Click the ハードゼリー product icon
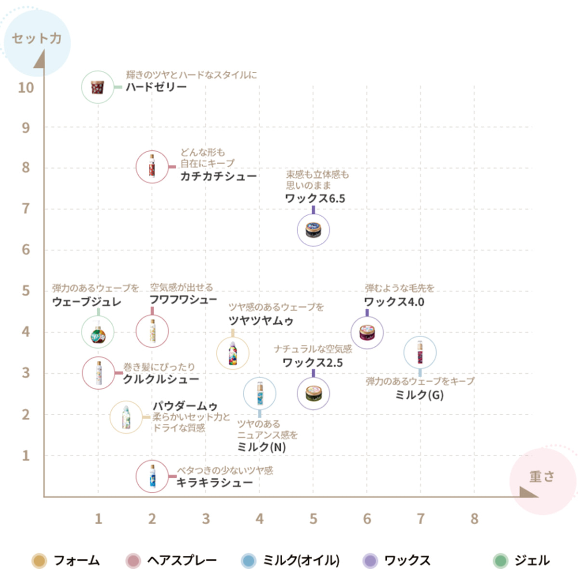pos(98,87)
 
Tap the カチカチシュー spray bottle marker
pos(152,167)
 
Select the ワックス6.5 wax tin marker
pos(314,230)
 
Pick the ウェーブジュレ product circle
pos(98,332)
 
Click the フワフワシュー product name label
pos(183,300)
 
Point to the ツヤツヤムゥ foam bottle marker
pos(233,354)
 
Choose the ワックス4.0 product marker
pos(367,333)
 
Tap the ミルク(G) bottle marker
pos(420,353)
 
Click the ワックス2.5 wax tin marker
pos(314,394)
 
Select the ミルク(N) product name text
pos(262,447)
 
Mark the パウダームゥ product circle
pos(126,417)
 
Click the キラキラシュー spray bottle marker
pos(152,476)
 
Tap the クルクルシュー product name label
pos(161,379)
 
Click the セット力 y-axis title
pos(37,39)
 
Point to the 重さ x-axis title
pos(542,476)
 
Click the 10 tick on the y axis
pos(26,88)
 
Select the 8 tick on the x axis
pos(474,519)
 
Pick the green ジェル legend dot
pos(501,561)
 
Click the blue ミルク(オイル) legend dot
pos(249,561)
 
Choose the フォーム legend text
pos(77,561)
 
